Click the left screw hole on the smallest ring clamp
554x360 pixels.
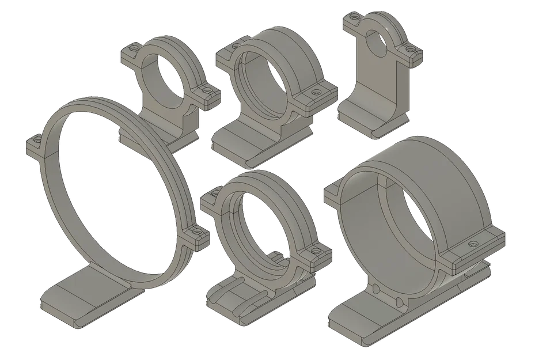tap(134, 50)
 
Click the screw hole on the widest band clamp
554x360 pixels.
tap(473, 244)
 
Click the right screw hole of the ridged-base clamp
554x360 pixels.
tap(316, 251)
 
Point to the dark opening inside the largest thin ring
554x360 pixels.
tap(115, 196)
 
